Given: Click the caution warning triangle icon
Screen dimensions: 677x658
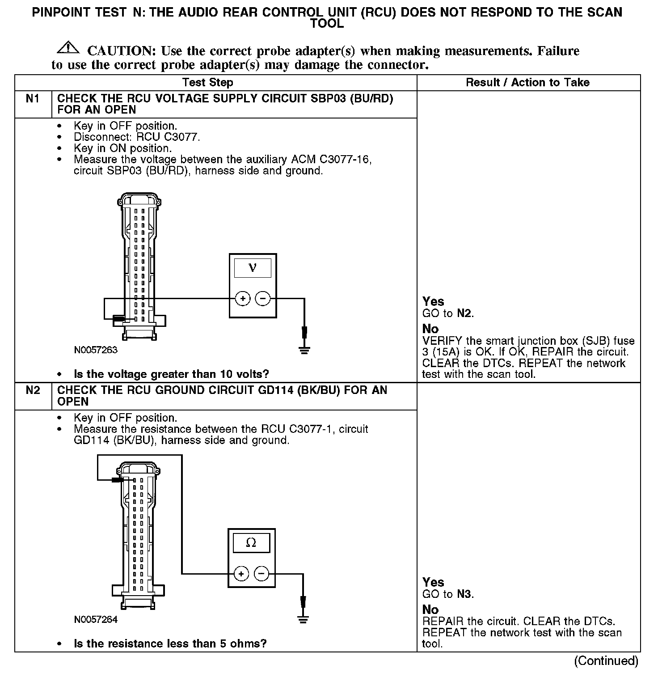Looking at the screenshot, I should (x=68, y=47).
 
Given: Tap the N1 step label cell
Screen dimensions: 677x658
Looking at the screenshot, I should (x=33, y=99).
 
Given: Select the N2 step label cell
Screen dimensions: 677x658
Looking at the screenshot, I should (x=33, y=391).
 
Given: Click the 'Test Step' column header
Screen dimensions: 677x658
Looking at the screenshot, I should (x=207, y=83).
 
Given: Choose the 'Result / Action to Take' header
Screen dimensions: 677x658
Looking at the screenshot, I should (x=527, y=83).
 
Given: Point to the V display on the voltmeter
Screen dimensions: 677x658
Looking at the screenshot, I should (x=252, y=268).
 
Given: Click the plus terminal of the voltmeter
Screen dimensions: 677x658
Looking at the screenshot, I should (x=242, y=298).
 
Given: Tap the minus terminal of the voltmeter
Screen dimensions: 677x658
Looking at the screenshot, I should (x=263, y=298).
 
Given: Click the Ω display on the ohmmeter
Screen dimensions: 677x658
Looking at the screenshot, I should (x=251, y=543).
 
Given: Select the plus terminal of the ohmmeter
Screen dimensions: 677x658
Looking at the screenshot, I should (x=241, y=573).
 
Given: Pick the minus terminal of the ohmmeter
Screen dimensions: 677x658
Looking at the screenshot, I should (x=262, y=573).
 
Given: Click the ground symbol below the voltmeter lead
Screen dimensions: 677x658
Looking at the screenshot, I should (x=304, y=349).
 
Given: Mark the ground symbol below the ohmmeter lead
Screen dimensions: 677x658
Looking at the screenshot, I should (x=303, y=619).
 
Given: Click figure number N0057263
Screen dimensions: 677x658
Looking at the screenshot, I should (x=96, y=350).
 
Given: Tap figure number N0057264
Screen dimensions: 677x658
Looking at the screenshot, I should (x=96, y=620).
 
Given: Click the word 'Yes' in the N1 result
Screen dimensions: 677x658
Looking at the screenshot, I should (x=433, y=302).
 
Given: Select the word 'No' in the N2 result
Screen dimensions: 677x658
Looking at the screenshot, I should (x=430, y=609).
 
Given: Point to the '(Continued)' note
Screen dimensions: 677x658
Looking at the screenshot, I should (x=606, y=660).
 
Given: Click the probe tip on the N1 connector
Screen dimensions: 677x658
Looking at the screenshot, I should (x=119, y=319).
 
